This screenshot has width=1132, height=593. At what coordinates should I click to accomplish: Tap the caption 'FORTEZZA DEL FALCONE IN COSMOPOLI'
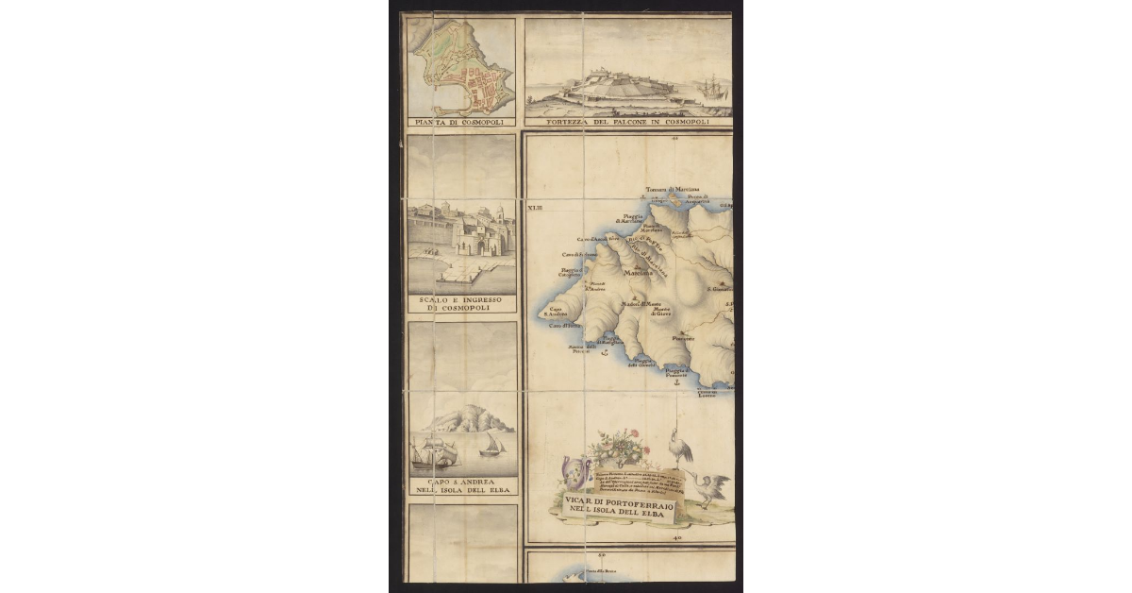tap(629, 123)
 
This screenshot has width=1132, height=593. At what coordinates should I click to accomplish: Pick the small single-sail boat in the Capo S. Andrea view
tap(492, 444)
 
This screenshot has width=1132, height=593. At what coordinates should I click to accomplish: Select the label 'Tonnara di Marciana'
tap(671, 190)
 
